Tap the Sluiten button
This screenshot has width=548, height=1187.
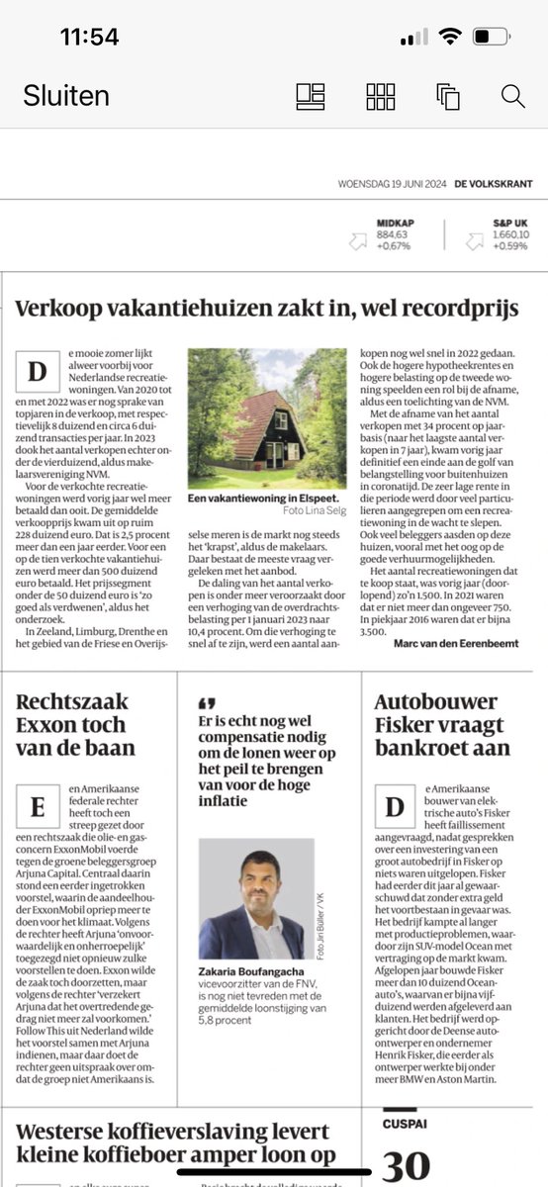coord(66,96)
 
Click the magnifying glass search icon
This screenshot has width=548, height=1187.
coord(512,96)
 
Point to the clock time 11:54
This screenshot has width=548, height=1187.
coord(89,38)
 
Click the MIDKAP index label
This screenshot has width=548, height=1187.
coord(394,224)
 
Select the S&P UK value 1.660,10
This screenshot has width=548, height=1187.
coord(511,235)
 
